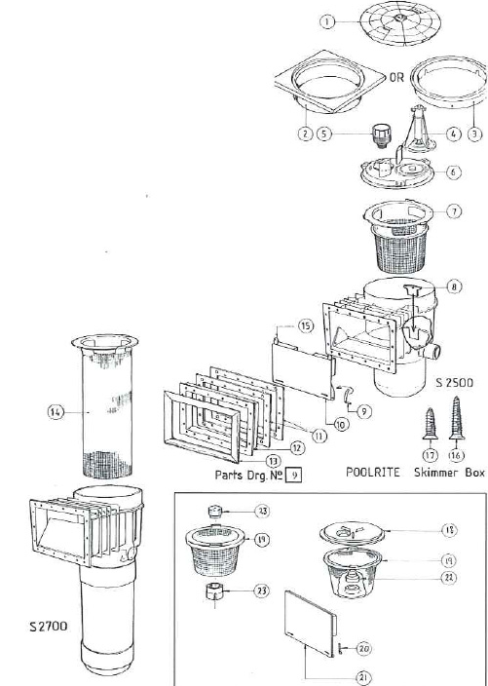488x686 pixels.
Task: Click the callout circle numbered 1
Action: point(328,20)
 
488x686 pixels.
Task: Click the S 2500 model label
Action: point(452,382)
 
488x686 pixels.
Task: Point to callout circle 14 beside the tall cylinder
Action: point(56,413)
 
